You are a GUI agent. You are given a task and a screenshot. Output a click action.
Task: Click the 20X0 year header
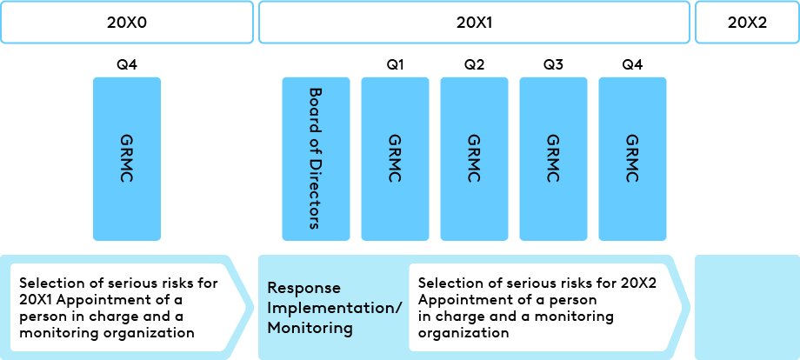(126, 23)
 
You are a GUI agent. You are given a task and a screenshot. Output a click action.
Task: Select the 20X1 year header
(474, 23)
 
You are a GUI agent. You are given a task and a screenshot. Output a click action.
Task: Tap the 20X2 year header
(746, 23)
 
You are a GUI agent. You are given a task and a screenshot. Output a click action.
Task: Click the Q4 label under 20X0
(127, 64)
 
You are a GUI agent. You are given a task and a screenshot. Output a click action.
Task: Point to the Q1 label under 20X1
(396, 64)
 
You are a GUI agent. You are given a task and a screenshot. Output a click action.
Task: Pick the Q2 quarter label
(474, 64)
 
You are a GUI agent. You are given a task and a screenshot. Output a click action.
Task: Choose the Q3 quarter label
(553, 64)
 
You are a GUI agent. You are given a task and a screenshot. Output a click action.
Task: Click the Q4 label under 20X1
(632, 64)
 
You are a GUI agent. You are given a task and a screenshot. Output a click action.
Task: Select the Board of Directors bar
(316, 158)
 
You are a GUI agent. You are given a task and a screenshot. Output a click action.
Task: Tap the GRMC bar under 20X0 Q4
(127, 158)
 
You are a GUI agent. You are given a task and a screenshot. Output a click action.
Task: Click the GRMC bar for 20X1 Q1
(395, 158)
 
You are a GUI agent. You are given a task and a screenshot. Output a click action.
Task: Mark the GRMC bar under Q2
(474, 158)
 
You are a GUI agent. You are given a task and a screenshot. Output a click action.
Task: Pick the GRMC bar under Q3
(553, 158)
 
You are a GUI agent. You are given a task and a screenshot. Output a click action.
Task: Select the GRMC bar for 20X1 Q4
(632, 158)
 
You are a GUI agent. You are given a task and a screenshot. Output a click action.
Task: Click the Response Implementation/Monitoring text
(334, 308)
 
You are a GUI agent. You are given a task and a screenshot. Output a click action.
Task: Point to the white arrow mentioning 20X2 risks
(543, 308)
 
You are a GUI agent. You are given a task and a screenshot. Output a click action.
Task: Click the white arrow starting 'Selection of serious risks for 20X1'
(122, 308)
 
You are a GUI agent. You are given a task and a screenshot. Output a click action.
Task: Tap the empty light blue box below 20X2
(746, 307)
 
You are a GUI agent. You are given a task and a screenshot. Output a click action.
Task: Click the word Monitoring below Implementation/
(310, 329)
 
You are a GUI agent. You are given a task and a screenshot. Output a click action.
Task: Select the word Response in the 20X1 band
(303, 287)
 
